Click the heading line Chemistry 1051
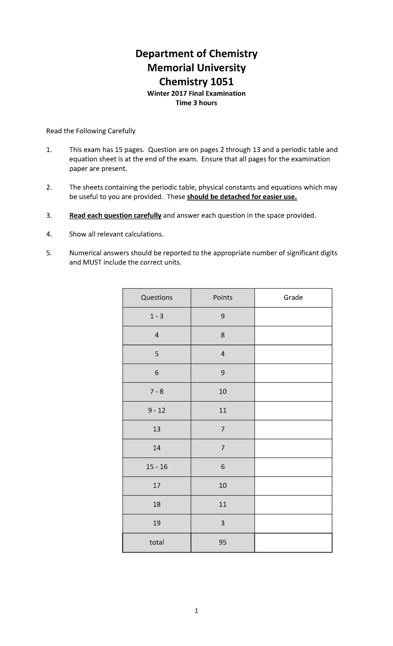tap(196, 81)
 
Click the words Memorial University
tap(196, 68)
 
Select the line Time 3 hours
tap(196, 103)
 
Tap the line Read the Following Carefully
tap(91, 131)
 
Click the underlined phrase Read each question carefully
tap(115, 215)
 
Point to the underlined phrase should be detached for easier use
tap(242, 197)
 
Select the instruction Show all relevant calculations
tap(116, 234)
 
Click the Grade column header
tap(293, 297)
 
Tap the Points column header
tap(223, 297)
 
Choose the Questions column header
tap(157, 297)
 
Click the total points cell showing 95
tap(223, 542)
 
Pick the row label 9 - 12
tap(157, 411)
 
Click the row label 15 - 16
tap(157, 467)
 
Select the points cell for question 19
tap(223, 523)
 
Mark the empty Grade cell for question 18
tap(293, 504)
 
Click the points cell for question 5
tap(223, 354)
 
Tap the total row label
tap(157, 542)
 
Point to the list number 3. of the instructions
tap(49, 215)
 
